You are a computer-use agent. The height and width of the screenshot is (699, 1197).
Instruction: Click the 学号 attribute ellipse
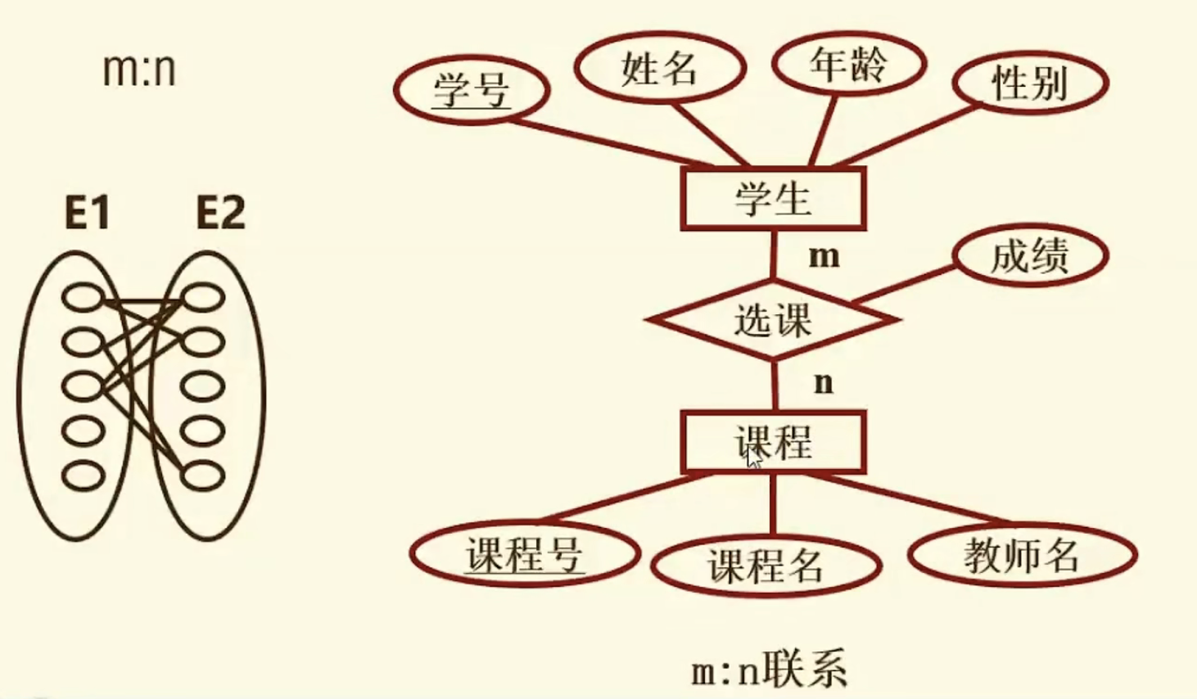[x=471, y=89]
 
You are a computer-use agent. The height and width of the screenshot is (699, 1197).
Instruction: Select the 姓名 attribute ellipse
[x=659, y=67]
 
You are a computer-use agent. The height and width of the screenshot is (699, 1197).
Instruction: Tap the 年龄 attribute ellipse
[x=849, y=64]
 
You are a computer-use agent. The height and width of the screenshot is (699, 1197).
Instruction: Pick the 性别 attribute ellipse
[x=1030, y=83]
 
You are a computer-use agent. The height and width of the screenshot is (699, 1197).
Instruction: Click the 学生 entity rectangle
[x=773, y=199]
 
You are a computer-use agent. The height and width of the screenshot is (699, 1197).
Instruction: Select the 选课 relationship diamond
[x=773, y=320]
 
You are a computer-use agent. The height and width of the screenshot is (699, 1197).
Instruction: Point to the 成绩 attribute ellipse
[x=1030, y=256]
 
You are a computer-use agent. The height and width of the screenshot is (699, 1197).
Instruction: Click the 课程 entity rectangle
[x=773, y=443]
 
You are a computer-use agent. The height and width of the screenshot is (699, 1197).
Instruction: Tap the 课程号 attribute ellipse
[x=524, y=555]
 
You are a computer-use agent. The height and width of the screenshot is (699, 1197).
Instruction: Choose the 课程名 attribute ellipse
[x=766, y=565]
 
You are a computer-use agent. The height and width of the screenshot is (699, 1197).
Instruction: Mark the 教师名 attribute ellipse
[x=1022, y=556]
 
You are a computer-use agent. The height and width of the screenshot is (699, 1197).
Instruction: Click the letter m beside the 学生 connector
[x=824, y=257]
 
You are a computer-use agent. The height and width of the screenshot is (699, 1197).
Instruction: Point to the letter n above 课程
[x=824, y=382]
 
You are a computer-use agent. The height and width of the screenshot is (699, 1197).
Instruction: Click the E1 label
[x=87, y=214]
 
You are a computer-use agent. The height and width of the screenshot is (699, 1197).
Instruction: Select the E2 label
[x=220, y=214]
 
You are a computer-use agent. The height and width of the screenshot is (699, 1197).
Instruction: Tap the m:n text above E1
[x=139, y=70]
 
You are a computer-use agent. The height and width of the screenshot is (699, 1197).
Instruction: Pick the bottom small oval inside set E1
[x=84, y=476]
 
